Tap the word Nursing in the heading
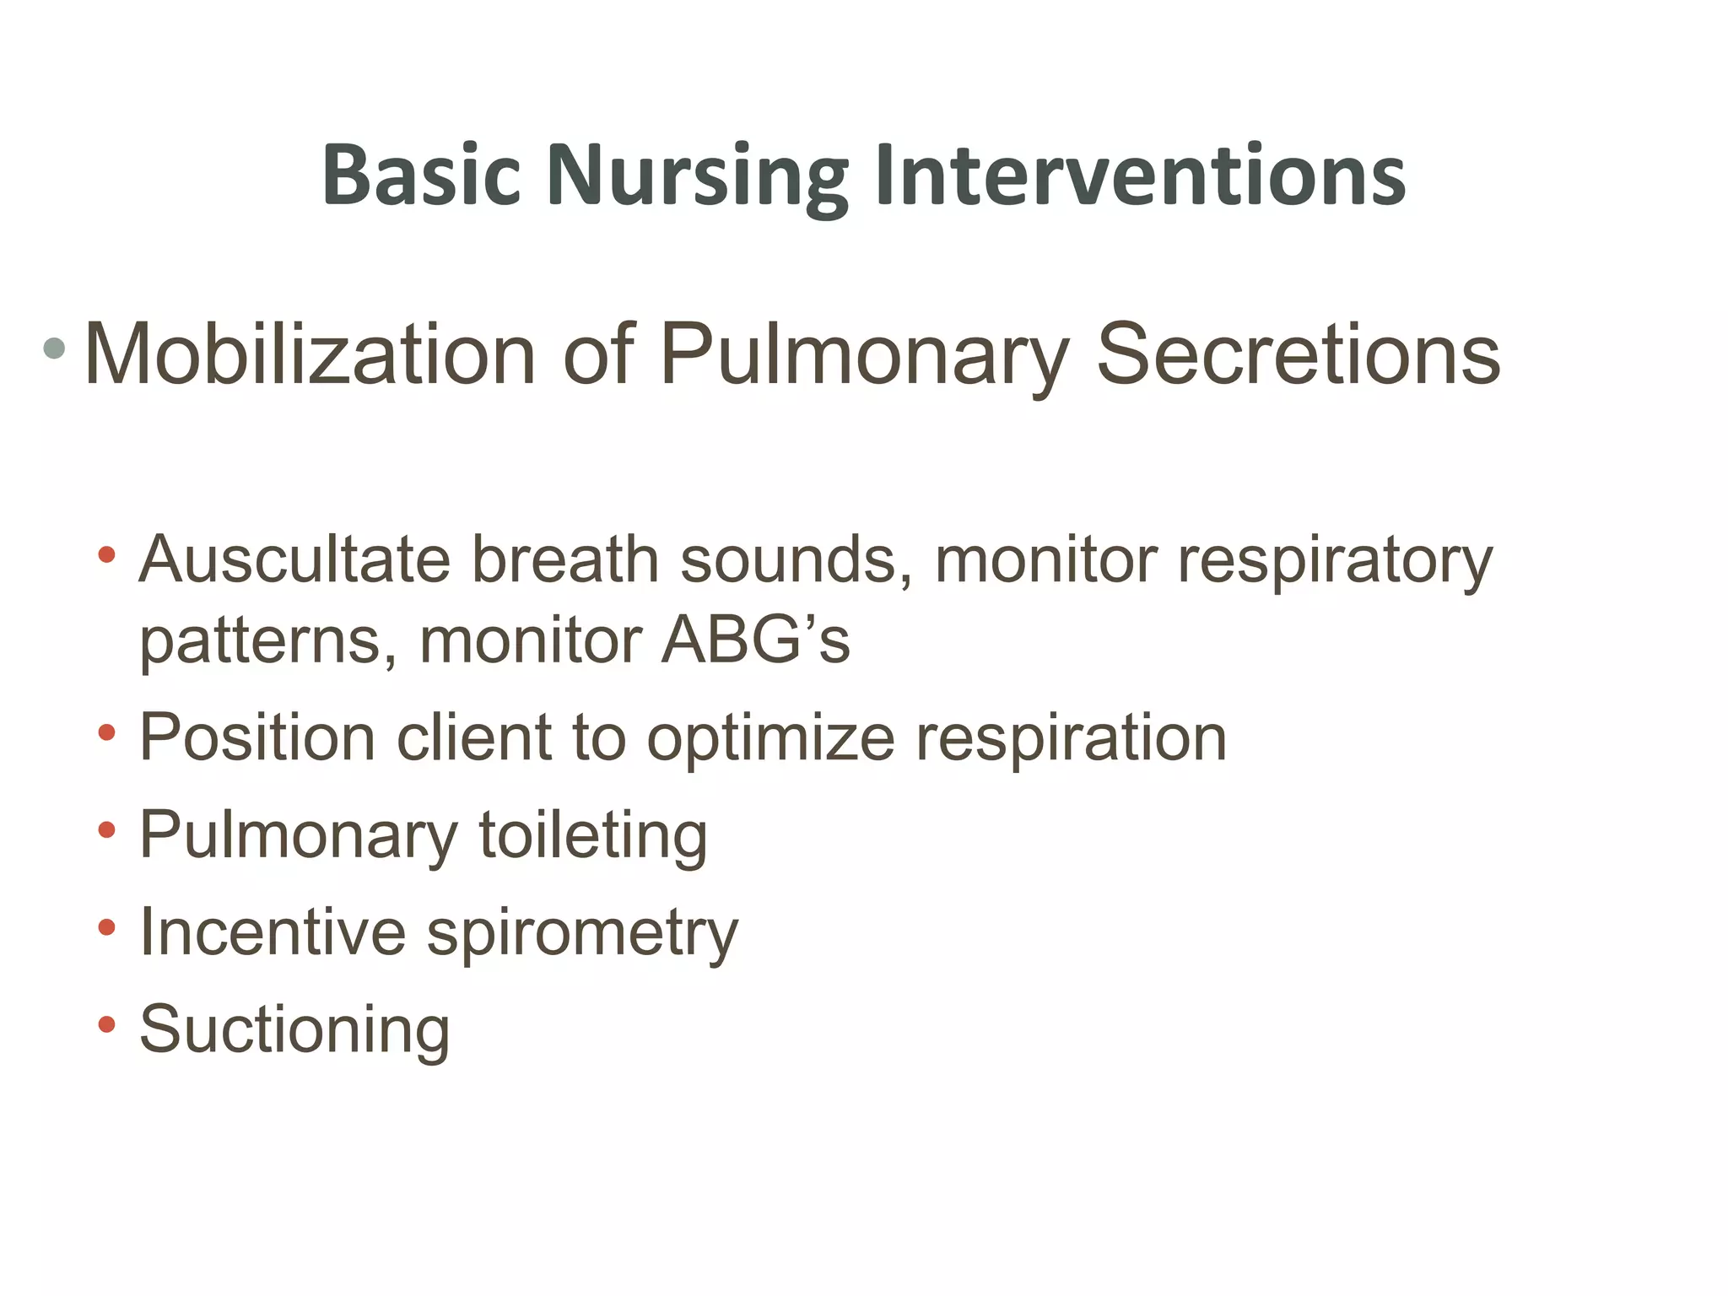click(697, 177)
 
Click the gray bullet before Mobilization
click(54, 347)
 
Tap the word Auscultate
click(294, 559)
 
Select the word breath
click(564, 559)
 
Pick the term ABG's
click(755, 640)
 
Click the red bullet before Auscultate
click(106, 554)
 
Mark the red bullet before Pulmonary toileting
click(106, 830)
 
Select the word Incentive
click(273, 932)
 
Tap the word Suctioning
click(294, 1030)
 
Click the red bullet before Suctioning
click(106, 1024)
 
